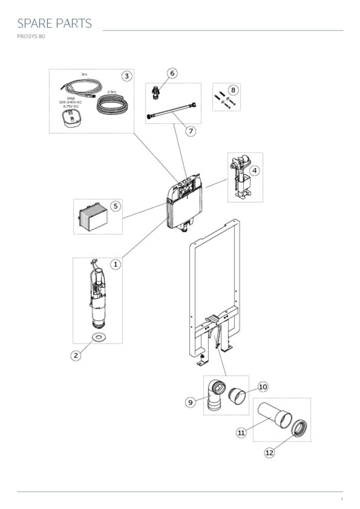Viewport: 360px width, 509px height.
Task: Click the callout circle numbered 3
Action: click(127, 76)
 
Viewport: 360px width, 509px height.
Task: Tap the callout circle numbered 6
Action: click(172, 73)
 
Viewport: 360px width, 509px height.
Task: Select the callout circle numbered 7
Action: click(190, 131)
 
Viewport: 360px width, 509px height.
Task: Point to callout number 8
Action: click(233, 90)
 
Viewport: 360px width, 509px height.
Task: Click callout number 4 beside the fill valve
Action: click(254, 170)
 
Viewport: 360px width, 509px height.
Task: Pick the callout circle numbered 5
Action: click(115, 206)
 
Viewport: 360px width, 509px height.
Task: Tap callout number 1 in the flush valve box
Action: click(115, 264)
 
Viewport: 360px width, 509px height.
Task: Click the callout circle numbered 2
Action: click(76, 355)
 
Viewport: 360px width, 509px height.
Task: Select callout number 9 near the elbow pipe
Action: click(190, 402)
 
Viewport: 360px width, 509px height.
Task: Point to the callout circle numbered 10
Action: click(263, 387)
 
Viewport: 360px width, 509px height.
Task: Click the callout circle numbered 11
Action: click(241, 432)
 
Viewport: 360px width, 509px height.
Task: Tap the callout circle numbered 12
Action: click(269, 452)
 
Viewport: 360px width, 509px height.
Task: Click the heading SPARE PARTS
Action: click(55, 23)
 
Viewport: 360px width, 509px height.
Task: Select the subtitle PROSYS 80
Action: click(31, 36)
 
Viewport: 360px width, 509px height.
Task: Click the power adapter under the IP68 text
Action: click(70, 119)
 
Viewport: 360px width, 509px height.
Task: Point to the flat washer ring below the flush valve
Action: click(100, 338)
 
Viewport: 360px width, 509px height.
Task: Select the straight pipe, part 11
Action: click(274, 415)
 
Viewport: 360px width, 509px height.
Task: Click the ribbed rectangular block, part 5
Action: click(93, 216)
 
